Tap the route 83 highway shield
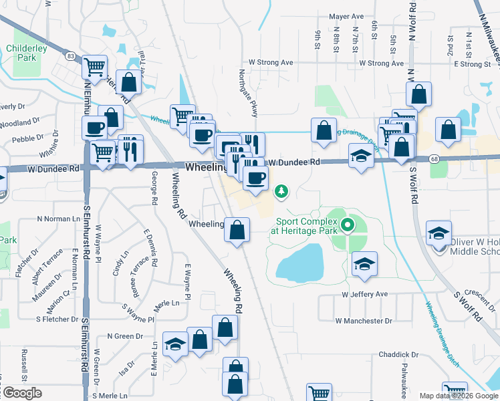pyautogui.click(x=71, y=56)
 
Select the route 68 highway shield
pyautogui.click(x=435, y=158)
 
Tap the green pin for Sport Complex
pyautogui.click(x=347, y=225)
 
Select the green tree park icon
pyautogui.click(x=282, y=192)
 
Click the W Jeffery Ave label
pyautogui.click(x=364, y=294)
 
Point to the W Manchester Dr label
pyautogui.click(x=364, y=321)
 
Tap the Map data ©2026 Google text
pyautogui.click(x=459, y=396)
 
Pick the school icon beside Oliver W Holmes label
pyautogui.click(x=439, y=233)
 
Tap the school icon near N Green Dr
pyautogui.click(x=175, y=344)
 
